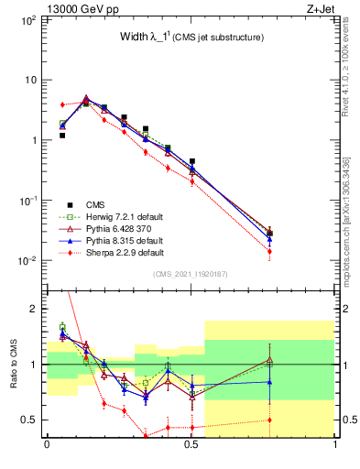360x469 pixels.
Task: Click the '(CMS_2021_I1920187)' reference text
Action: pos(191,274)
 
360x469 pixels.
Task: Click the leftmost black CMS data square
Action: pos(62,136)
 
